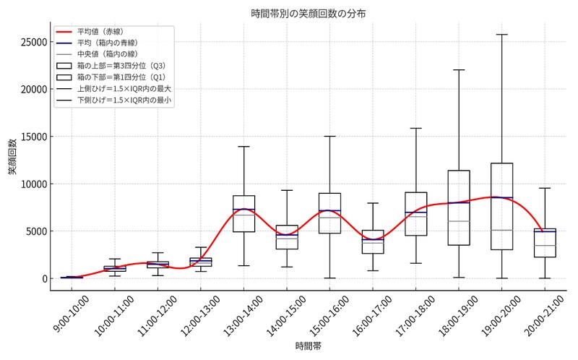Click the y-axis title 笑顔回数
point(13,156)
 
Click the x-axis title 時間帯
point(309,348)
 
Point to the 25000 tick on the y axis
point(31,42)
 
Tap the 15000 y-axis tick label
point(31,137)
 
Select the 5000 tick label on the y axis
point(34,231)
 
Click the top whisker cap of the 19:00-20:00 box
point(501,35)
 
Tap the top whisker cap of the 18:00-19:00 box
point(459,70)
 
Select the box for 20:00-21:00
point(545,243)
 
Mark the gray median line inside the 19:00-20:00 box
point(501,231)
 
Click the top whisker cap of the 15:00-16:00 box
point(329,136)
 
